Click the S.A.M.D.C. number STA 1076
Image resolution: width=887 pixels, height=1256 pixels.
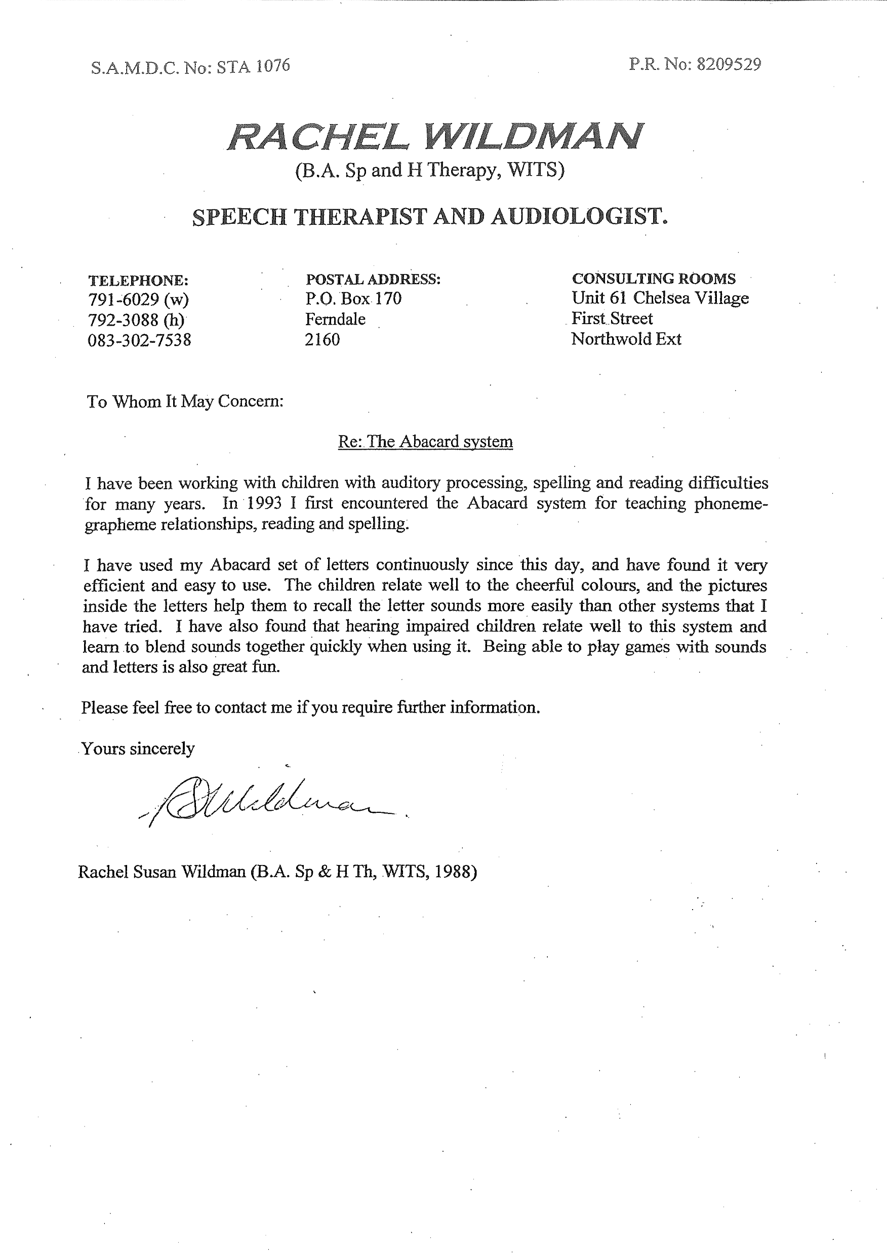coord(253,67)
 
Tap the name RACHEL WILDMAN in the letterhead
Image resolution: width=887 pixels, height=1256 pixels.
coord(435,136)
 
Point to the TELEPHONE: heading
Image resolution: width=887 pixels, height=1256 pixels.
coord(138,281)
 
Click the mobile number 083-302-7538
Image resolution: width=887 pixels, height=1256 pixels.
coord(139,340)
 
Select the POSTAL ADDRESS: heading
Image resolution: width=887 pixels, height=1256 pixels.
coord(373,280)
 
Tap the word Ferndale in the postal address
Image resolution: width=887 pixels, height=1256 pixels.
coord(335,319)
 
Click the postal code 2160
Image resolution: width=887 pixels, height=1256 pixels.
coord(322,340)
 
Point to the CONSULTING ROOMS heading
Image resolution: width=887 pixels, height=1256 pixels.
coord(654,279)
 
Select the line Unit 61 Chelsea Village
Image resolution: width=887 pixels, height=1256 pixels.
coord(660,298)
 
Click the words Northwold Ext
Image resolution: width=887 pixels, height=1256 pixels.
coord(626,339)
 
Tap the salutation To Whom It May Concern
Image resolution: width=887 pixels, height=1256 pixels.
coord(185,402)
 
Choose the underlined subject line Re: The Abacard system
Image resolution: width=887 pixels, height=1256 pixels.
coord(425,442)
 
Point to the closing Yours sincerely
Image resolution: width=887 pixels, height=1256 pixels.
coord(138,749)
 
